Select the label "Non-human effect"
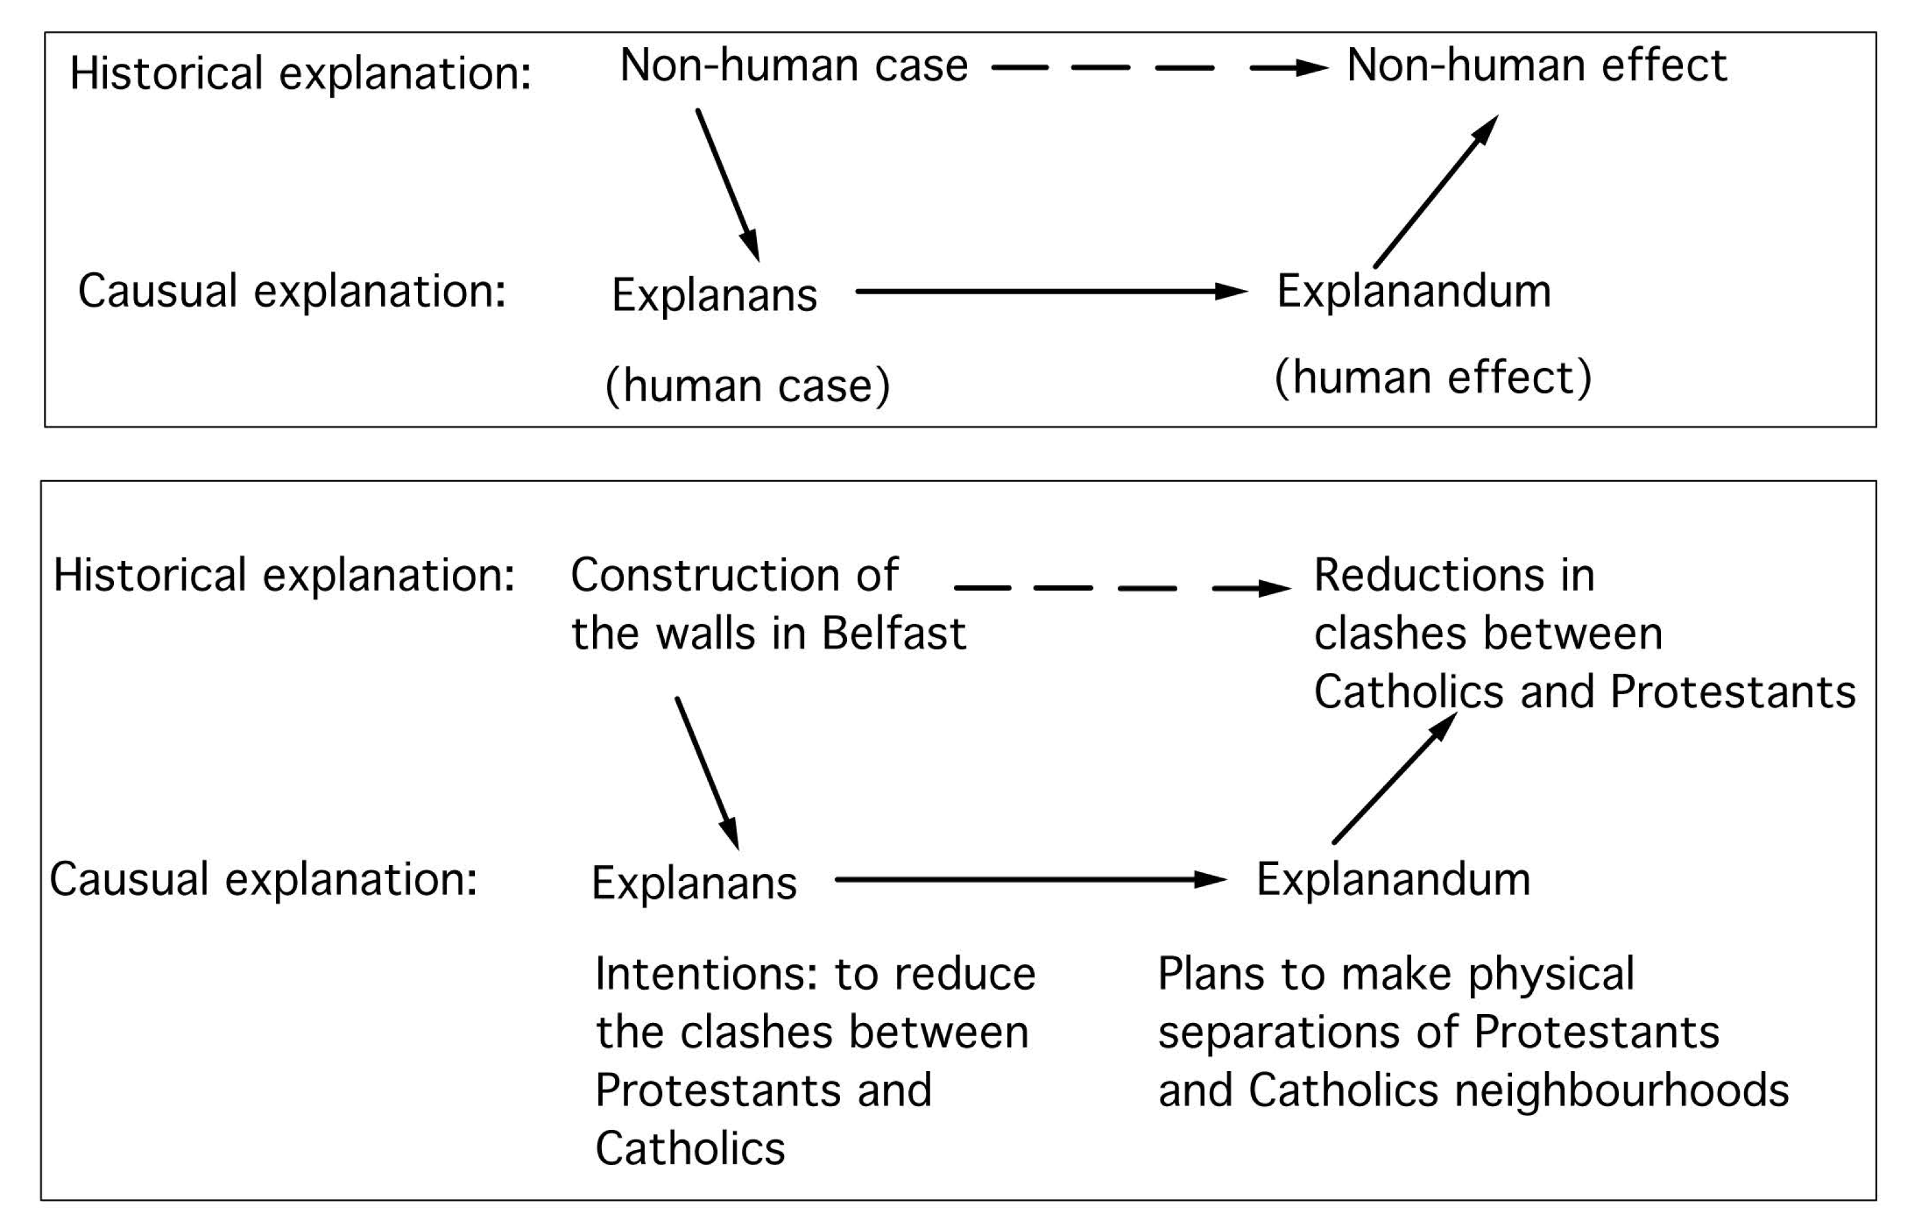pos(1536,66)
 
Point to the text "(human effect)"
pos(1433,377)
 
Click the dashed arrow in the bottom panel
pos(1121,588)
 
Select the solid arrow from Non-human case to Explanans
pos(727,184)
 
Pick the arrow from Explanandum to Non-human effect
pos(1436,192)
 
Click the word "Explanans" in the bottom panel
pos(694,883)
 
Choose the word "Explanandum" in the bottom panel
pos(1393,879)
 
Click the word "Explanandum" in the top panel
pos(1413,290)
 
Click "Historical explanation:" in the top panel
pos(300,74)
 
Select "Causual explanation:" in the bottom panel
pos(263,879)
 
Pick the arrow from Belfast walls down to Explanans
pos(707,773)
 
